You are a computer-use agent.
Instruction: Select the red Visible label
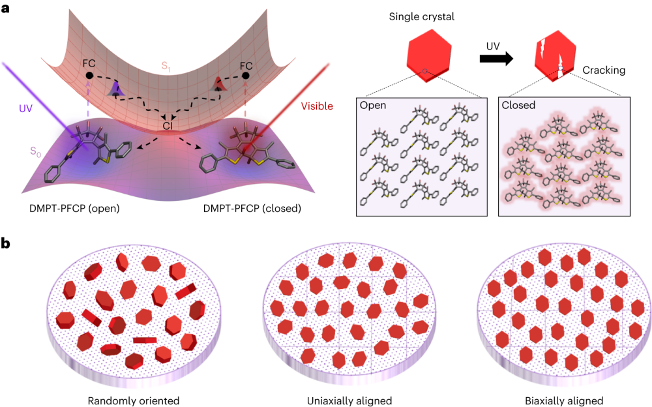pyautogui.click(x=317, y=106)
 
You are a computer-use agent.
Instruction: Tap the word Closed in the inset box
pyautogui.click(x=518, y=106)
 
